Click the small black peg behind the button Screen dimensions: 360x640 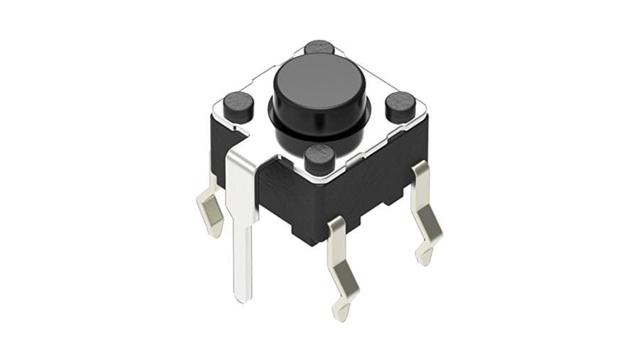tap(320, 48)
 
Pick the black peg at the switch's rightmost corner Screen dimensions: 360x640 tap(401, 106)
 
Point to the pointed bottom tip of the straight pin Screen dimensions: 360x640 tap(243, 298)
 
